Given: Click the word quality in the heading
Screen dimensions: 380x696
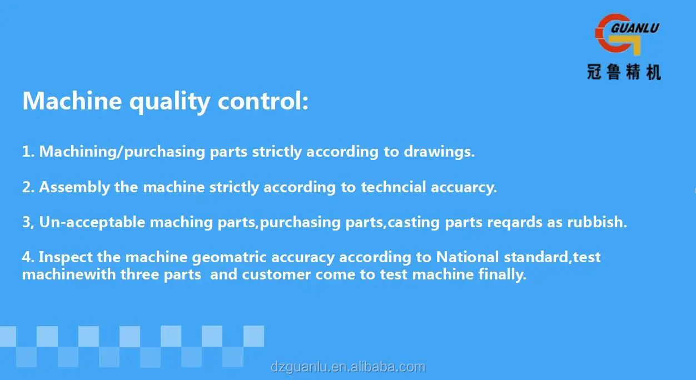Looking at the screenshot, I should point(169,102).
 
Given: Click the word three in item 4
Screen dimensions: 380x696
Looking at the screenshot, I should point(144,274).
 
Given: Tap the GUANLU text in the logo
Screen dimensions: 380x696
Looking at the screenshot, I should point(636,27).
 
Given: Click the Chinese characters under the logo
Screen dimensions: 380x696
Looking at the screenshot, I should point(624,72).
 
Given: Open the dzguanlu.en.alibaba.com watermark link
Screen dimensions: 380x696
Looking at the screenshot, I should point(348,367).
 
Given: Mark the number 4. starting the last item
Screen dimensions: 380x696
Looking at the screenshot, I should point(28,257).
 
